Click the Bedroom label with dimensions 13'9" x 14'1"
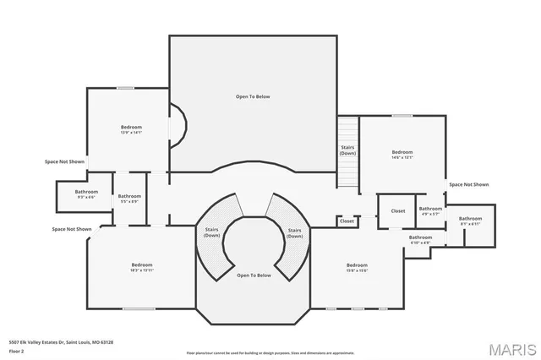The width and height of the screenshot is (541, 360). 131,129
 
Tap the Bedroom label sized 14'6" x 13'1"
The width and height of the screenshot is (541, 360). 402,154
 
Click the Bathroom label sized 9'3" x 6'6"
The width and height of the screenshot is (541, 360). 86,194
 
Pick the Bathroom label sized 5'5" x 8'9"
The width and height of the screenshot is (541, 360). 129,199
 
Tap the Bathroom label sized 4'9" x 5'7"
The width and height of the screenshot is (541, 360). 430,210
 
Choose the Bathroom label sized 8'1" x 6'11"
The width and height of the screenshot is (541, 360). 470,221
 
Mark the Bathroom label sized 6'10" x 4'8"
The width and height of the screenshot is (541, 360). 420,239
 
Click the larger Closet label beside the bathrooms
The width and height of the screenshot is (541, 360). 397,210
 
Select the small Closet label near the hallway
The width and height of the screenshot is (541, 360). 347,221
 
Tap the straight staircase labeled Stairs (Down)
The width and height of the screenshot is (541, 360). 348,150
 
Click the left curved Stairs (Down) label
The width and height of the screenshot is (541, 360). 211,232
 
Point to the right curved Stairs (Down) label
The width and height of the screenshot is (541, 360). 294,232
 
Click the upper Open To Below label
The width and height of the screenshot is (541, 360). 253,97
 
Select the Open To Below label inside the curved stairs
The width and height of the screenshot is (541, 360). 254,275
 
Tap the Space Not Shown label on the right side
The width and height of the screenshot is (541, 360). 468,184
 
